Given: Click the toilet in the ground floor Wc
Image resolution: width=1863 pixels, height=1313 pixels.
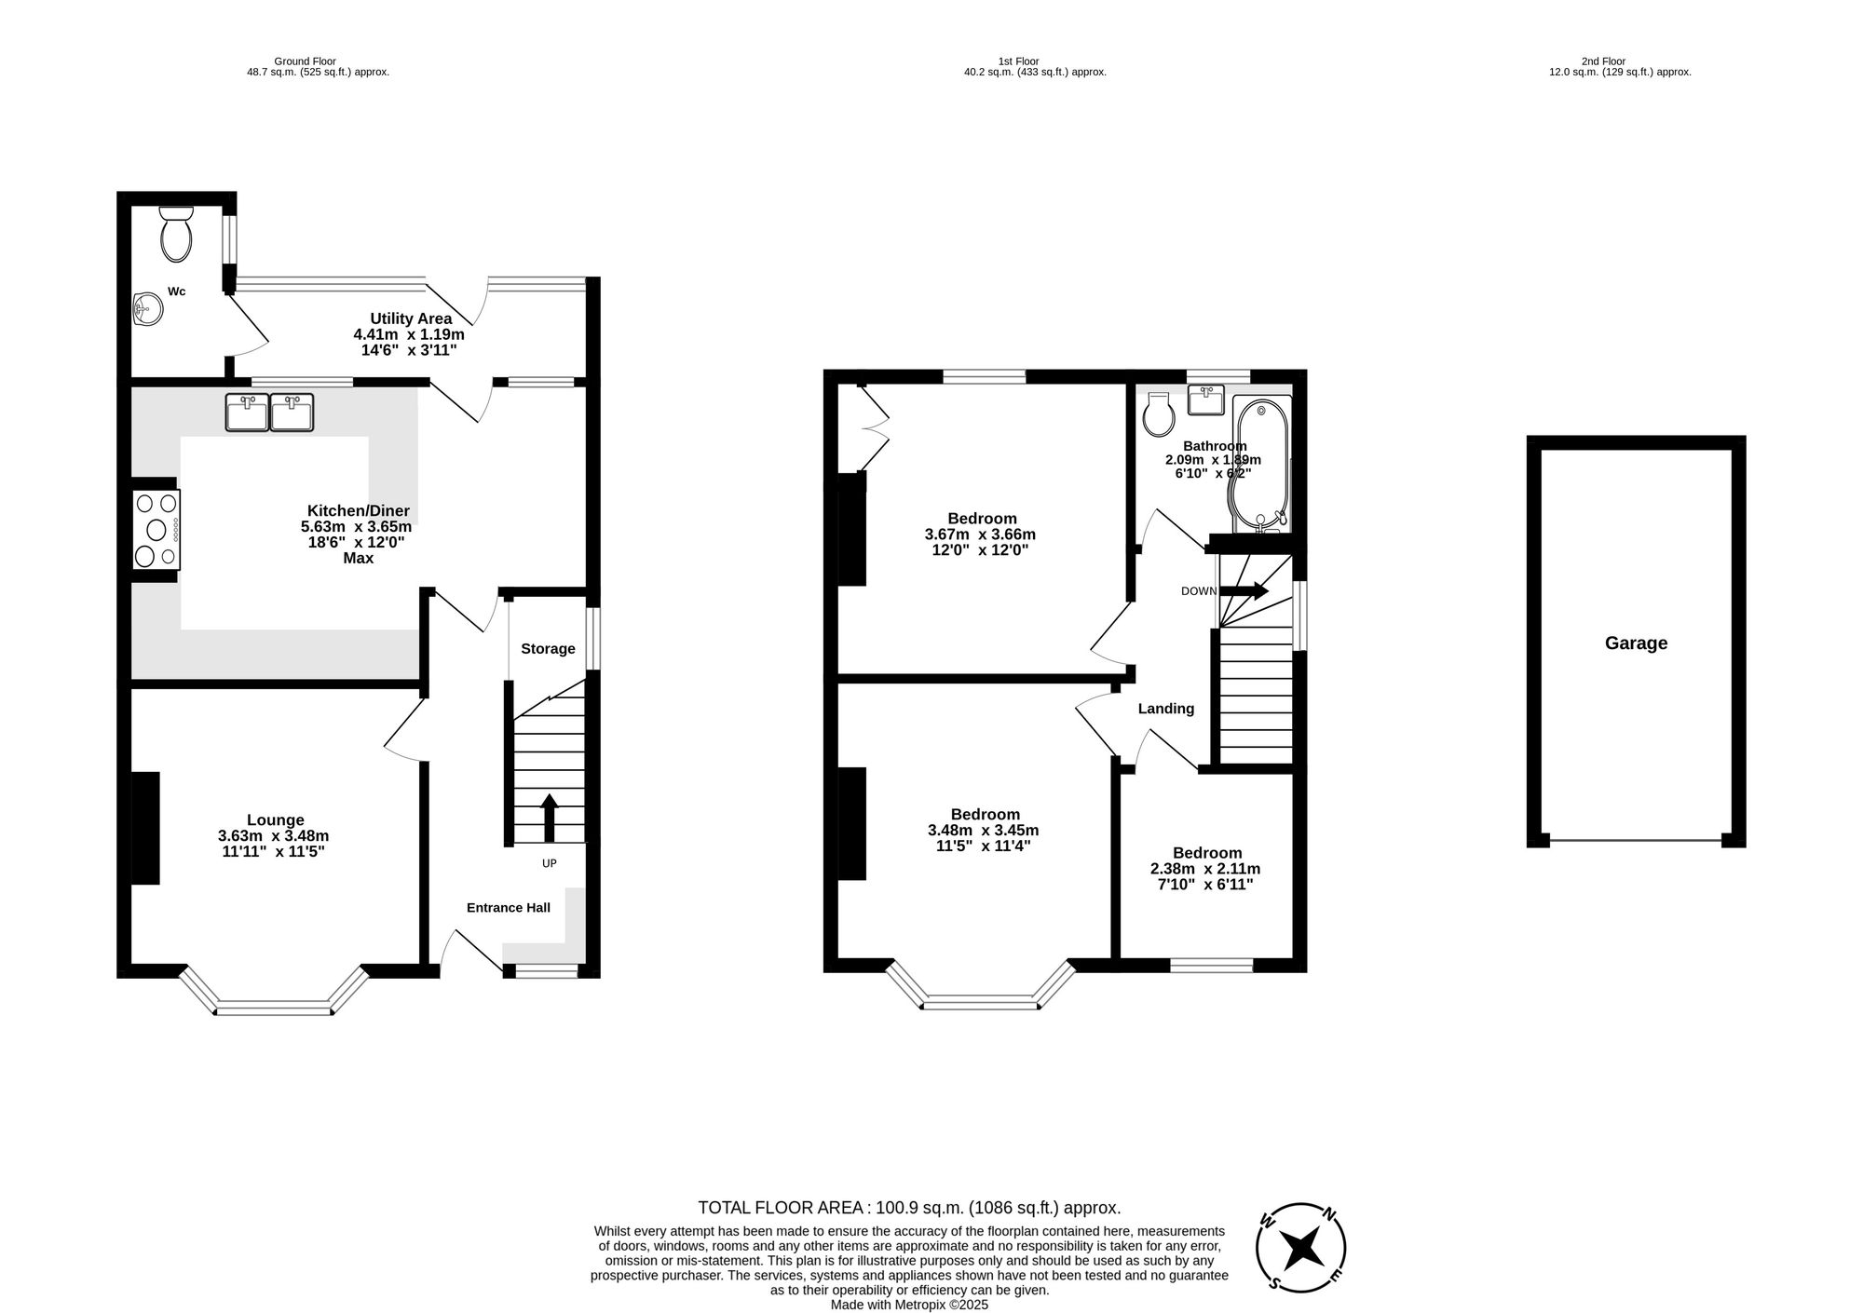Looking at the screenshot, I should click(x=175, y=235).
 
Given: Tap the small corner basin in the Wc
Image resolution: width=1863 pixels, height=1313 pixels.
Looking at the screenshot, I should click(x=147, y=308).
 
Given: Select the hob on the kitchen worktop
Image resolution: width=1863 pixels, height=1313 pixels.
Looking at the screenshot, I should click(x=156, y=530).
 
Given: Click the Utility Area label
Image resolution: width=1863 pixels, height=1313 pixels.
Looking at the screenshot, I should click(x=411, y=318).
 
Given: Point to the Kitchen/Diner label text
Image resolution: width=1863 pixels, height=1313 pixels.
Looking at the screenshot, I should click(x=358, y=510).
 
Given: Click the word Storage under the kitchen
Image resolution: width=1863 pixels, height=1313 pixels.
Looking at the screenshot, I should click(x=548, y=649).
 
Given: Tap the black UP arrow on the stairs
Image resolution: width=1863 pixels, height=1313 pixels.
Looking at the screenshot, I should click(x=550, y=818).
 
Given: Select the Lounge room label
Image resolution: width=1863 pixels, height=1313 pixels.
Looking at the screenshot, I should click(x=275, y=819).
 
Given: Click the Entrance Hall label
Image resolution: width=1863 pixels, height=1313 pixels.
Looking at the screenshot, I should click(x=508, y=908).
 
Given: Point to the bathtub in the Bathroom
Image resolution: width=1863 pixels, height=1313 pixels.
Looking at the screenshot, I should click(x=1261, y=464).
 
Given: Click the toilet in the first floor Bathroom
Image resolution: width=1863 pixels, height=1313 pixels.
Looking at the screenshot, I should click(x=1158, y=415).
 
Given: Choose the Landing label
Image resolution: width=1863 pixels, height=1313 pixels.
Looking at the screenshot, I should click(x=1165, y=709).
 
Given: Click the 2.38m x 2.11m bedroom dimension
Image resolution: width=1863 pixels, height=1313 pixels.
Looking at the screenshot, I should click(x=1205, y=869).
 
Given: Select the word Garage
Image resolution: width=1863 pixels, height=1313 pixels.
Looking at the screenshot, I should click(x=1636, y=643).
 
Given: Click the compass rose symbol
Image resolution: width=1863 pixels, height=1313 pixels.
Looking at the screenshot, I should click(x=1301, y=1248).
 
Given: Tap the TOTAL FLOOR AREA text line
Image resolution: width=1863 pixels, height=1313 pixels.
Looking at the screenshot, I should click(x=909, y=1208).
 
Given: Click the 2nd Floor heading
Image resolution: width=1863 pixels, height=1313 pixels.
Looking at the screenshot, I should click(x=1603, y=61).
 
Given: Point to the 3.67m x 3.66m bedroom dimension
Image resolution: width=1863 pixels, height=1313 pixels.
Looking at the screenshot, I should click(x=980, y=535).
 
